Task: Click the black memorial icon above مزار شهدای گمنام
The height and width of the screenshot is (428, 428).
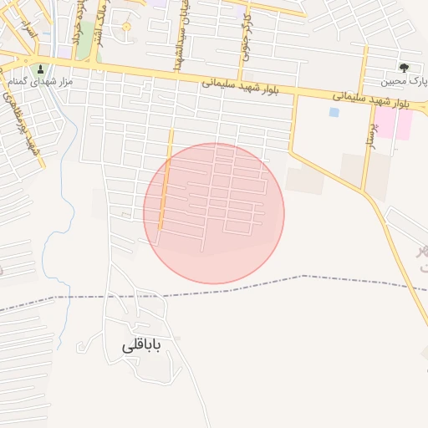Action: click(x=42, y=68)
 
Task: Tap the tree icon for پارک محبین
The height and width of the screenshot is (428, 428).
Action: click(x=405, y=68)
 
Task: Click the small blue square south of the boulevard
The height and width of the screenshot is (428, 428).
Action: click(x=334, y=111)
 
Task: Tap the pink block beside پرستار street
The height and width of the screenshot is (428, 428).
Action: click(x=403, y=124)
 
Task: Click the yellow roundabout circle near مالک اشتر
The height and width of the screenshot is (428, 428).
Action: click(x=126, y=27)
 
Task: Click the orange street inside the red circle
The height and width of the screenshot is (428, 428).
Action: click(x=166, y=188)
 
